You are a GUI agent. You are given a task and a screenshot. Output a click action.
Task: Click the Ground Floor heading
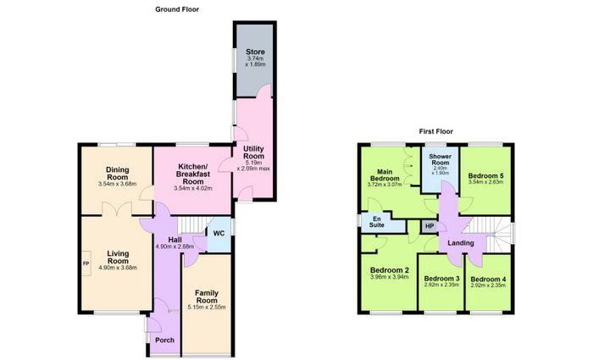(177, 9)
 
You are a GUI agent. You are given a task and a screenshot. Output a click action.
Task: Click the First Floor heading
(435, 131)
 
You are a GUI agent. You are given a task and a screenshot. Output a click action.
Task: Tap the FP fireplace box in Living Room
(86, 263)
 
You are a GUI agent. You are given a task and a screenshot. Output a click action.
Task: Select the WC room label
(219, 233)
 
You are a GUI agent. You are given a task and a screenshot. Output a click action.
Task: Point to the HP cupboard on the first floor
(430, 226)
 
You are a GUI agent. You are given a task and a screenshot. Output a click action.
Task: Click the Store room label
(255, 52)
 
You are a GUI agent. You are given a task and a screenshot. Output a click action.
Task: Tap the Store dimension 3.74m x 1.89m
(255, 62)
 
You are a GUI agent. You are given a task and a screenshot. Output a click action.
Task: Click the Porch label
(165, 341)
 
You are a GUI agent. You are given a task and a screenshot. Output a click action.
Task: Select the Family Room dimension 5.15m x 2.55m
(207, 307)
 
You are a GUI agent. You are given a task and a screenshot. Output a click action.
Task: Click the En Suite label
(377, 222)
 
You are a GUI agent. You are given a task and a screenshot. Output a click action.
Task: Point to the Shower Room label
(441, 159)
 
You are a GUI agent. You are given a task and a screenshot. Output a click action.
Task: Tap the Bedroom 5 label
(486, 176)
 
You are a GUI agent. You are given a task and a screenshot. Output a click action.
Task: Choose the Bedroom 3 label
(441, 279)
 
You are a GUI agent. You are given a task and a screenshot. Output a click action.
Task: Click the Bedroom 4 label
(488, 279)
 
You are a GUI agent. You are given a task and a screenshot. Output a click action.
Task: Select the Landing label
(461, 243)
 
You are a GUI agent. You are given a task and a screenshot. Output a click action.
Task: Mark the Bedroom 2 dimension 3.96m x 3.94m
(390, 277)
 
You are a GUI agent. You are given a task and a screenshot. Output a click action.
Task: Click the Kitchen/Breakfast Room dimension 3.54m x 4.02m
(193, 188)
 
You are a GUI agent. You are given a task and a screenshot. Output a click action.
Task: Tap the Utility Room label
(254, 152)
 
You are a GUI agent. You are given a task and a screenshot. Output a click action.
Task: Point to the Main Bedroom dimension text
(385, 185)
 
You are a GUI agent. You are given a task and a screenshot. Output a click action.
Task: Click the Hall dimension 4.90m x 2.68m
(175, 246)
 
